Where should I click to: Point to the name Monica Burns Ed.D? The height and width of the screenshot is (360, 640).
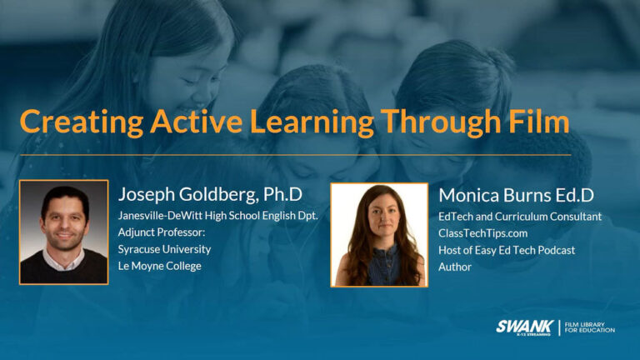(516, 195)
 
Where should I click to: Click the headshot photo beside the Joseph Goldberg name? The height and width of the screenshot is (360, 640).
(64, 232)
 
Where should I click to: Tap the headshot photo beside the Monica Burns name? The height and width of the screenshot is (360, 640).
(379, 235)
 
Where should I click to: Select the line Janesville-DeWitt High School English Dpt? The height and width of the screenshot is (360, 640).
(217, 217)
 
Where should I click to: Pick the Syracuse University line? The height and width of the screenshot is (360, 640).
(164, 249)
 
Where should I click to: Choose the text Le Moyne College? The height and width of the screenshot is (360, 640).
(159, 266)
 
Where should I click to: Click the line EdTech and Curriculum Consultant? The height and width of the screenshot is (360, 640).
(519, 217)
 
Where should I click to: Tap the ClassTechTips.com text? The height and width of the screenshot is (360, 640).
(482, 233)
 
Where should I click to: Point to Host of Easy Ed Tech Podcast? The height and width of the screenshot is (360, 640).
(506, 250)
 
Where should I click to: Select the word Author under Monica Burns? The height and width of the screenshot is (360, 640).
(455, 267)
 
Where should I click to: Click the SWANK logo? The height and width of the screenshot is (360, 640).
(523, 327)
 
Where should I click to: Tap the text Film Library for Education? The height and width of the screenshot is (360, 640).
(590, 327)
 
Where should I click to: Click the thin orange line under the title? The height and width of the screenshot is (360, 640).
(295, 154)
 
